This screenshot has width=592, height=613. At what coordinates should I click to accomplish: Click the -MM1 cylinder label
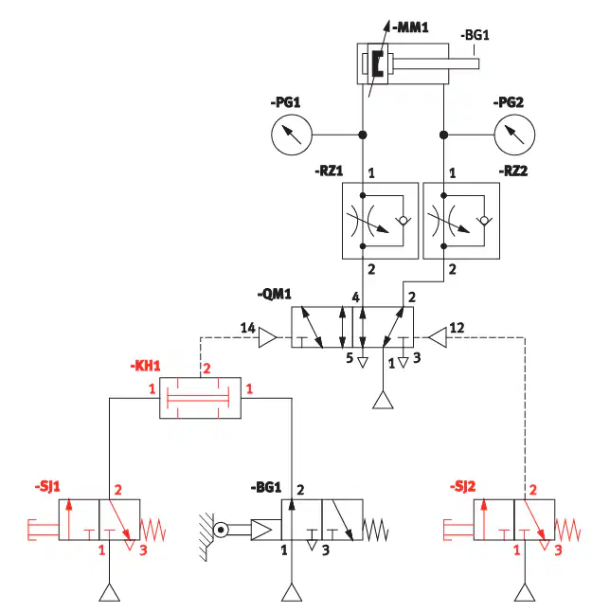click(x=410, y=27)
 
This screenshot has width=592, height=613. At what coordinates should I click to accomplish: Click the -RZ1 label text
click(x=329, y=171)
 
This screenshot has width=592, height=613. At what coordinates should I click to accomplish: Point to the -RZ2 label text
click(x=513, y=171)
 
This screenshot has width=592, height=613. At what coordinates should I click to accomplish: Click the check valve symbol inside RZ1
click(x=403, y=221)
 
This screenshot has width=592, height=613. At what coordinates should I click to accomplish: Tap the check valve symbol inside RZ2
click(x=484, y=221)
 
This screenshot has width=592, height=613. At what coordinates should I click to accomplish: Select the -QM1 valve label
click(x=275, y=294)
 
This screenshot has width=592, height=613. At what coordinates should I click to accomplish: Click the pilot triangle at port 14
click(x=268, y=337)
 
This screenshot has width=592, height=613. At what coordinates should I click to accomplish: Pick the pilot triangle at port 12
click(x=438, y=337)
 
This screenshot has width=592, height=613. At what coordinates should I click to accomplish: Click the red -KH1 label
click(x=145, y=366)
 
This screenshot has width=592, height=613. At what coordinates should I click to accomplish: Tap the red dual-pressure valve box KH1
click(x=201, y=398)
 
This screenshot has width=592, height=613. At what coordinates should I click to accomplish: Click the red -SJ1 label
click(x=47, y=487)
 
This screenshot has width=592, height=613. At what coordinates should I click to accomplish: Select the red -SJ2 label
click(x=462, y=487)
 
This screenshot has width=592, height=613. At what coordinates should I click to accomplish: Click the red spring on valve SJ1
click(x=152, y=530)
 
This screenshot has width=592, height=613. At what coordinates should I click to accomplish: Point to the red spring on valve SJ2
click(x=567, y=530)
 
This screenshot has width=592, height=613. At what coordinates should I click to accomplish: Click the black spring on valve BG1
click(x=375, y=530)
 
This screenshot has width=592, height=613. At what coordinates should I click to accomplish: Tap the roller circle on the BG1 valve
click(x=221, y=530)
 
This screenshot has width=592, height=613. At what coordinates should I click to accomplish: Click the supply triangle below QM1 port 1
click(x=383, y=400)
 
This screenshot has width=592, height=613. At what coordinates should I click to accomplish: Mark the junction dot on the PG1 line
click(x=363, y=135)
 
